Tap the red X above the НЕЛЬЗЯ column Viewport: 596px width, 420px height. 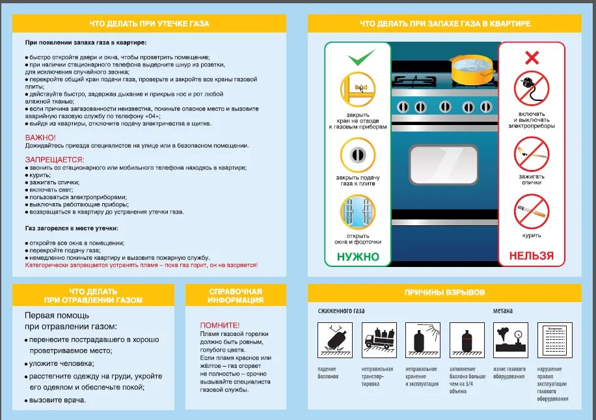(x=532, y=58)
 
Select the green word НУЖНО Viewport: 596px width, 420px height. (x=358, y=257)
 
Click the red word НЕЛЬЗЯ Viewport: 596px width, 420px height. (x=532, y=256)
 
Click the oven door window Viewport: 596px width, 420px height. (x=443, y=165)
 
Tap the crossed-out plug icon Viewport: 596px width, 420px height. (x=532, y=89)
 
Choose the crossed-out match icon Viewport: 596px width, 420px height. (x=532, y=155)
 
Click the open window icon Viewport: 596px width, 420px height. (x=359, y=211)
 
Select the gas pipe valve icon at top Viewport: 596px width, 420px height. (x=359, y=89)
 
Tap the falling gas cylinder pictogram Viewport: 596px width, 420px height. (x=332, y=339)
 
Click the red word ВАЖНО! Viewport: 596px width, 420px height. (x=40, y=137)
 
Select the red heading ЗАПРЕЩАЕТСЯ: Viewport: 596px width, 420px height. (x=55, y=160)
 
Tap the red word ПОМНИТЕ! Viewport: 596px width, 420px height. (x=220, y=325)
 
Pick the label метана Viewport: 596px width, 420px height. (x=502, y=311)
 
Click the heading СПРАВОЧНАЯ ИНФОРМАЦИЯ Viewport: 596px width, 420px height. (x=236, y=296)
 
